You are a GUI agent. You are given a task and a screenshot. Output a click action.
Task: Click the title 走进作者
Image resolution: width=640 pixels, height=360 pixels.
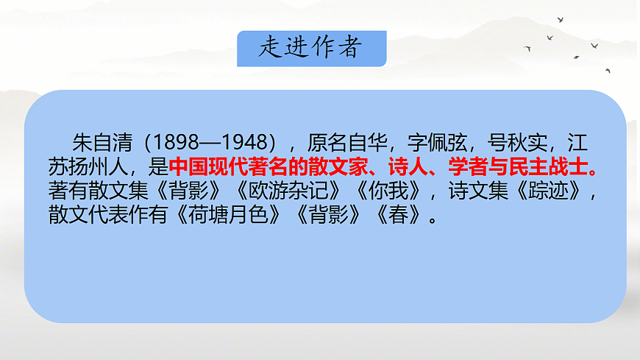pos(311,48)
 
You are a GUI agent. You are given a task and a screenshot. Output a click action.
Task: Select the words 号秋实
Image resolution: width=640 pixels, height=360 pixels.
pos(524,140)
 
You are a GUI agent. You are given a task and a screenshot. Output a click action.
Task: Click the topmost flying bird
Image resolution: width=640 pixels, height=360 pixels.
pos(561,20)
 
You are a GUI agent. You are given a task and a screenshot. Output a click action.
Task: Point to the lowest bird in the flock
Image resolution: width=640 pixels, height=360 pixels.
pos(608,71)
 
